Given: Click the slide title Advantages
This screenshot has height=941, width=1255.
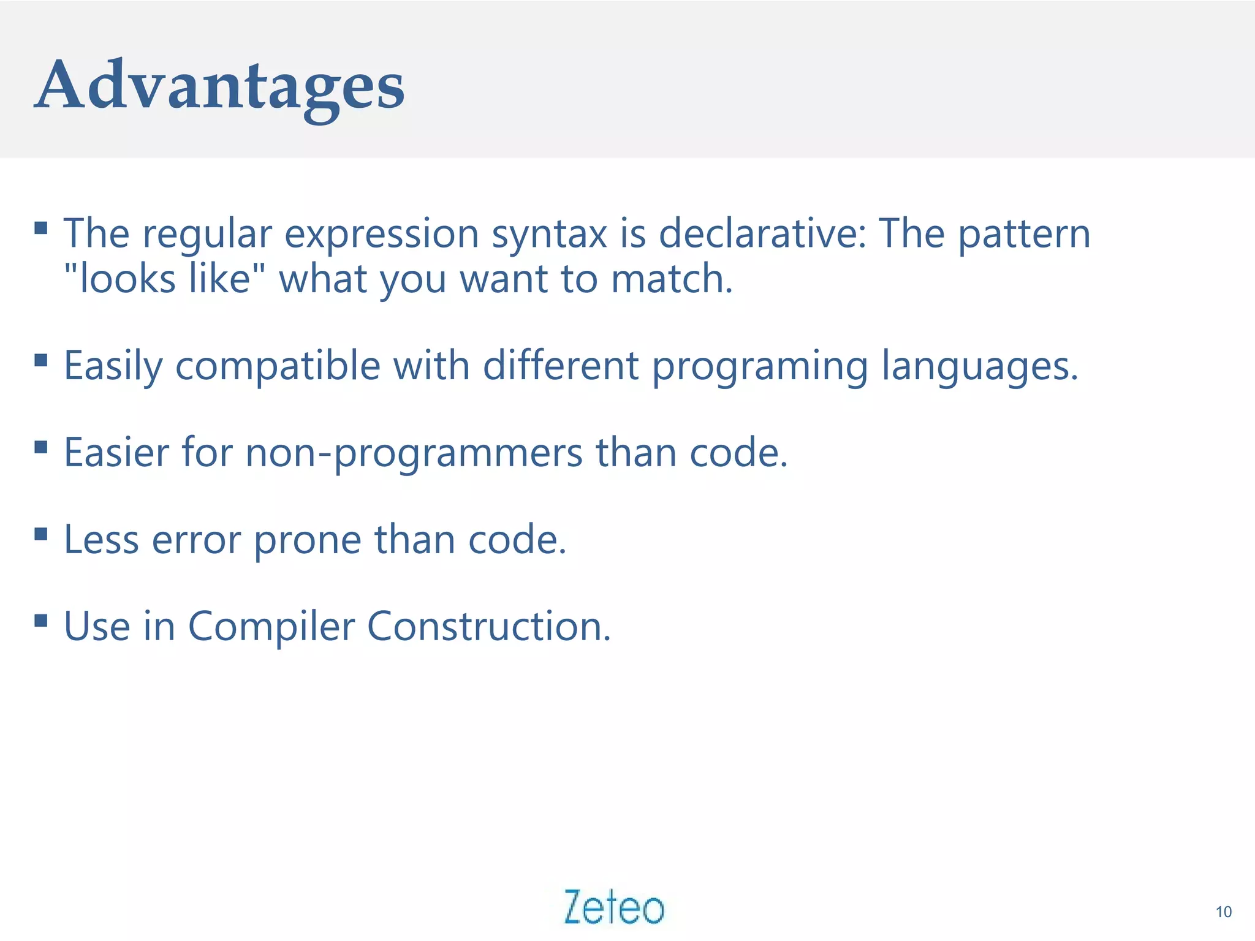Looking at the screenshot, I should tap(219, 86).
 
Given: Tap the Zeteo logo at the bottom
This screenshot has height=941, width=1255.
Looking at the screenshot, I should tap(613, 907).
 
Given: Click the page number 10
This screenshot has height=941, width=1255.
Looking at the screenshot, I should tap(1223, 912).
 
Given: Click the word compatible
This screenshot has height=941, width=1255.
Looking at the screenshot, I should tap(278, 366).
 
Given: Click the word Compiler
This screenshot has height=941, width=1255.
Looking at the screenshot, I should tap(271, 627).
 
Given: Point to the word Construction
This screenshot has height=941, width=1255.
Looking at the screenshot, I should tap(488, 627).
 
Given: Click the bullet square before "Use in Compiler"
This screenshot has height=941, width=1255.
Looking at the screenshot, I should tap(41, 621).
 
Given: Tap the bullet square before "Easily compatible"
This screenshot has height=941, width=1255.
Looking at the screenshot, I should tap(41, 360).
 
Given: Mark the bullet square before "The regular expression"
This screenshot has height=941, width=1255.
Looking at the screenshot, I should tap(41, 229).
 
